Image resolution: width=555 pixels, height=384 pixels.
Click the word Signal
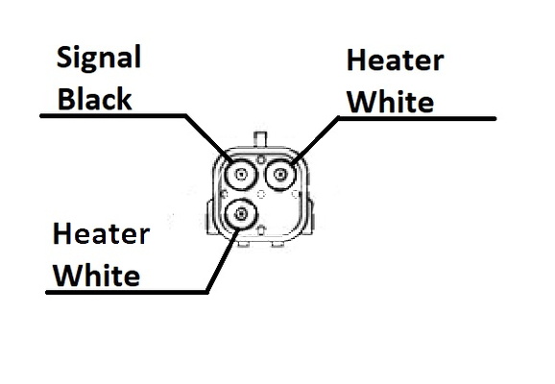[99, 58]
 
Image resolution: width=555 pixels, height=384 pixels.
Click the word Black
[94, 98]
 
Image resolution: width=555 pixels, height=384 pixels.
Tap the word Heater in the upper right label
[395, 60]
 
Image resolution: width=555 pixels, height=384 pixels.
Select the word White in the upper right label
[391, 102]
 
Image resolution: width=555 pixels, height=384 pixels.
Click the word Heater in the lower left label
[101, 233]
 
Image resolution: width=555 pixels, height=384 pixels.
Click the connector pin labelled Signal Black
[241, 174]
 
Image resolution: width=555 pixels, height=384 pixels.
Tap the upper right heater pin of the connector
[280, 174]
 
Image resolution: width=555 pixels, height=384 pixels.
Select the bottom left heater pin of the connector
[241, 214]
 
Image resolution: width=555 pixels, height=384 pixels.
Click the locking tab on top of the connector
[260, 139]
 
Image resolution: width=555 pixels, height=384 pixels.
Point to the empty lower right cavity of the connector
[280, 214]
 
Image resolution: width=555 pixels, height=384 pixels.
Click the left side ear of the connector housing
[210, 217]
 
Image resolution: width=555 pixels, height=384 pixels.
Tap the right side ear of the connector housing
[310, 216]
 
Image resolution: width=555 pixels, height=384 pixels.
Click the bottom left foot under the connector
[244, 244]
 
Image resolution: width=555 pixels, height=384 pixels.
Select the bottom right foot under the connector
[277, 244]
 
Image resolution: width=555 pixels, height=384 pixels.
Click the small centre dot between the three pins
[261, 194]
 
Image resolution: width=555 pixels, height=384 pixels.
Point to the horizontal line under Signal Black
[113, 116]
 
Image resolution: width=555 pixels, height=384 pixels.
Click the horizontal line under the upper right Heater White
[417, 119]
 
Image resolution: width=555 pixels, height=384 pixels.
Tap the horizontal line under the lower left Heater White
[127, 293]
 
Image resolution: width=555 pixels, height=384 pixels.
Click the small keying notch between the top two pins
[260, 159]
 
